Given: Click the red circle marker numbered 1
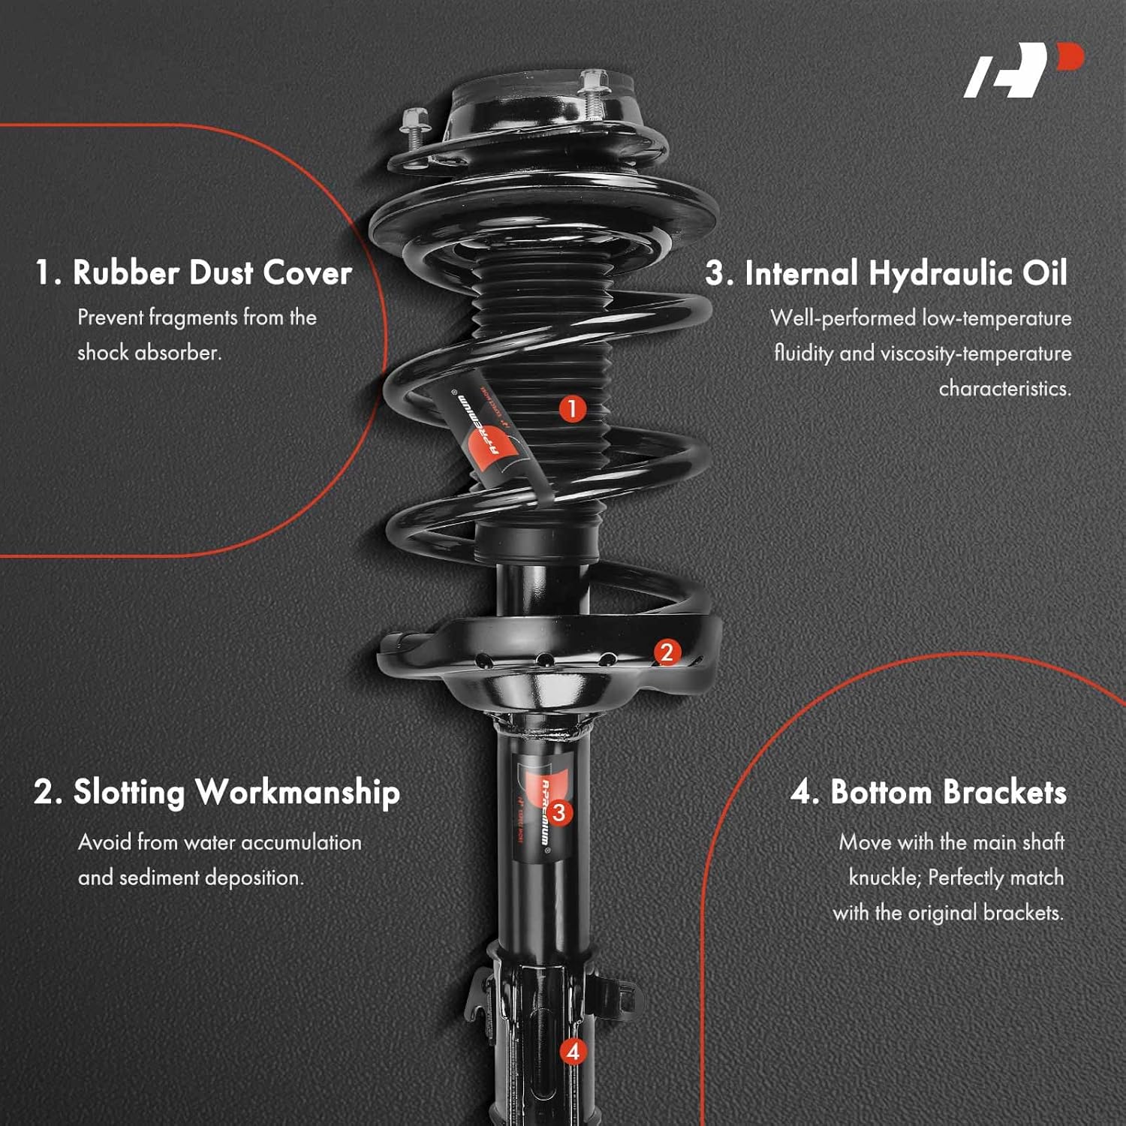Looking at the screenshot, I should (x=572, y=409).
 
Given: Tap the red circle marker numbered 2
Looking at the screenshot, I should (x=667, y=652).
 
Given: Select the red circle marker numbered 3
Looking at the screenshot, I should (x=558, y=811).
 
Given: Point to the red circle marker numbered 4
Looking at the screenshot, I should (x=573, y=1052).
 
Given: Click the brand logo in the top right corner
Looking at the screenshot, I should (x=1022, y=71).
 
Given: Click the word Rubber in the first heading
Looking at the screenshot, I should (x=125, y=272).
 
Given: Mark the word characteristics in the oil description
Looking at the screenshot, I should (x=1004, y=388).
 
